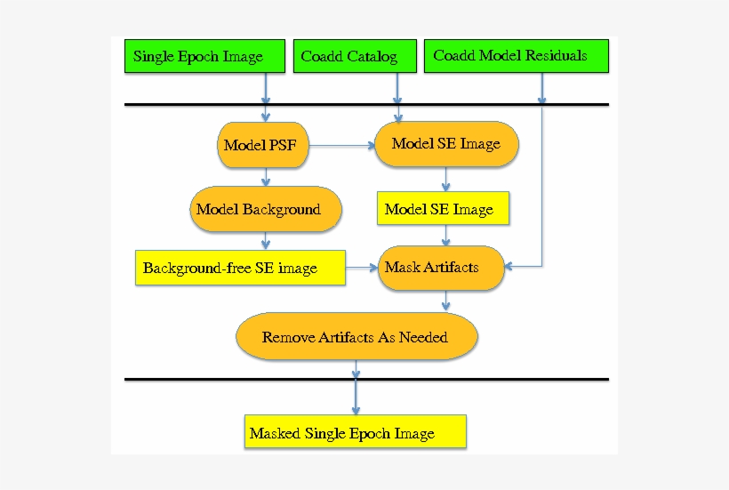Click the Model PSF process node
pos(264,145)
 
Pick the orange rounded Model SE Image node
pos(446,143)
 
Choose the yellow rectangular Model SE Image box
pos(443,210)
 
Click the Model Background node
pos(265,210)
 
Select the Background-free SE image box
pos(240,268)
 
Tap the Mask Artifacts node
pos(442,268)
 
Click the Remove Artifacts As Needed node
pos(356,337)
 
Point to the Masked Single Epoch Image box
pos(355,433)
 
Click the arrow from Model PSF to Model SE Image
pos(342,145)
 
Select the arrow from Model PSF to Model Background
pos(265,176)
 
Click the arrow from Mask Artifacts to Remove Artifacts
pos(445,302)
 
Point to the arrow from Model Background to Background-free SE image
pos(265,242)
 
